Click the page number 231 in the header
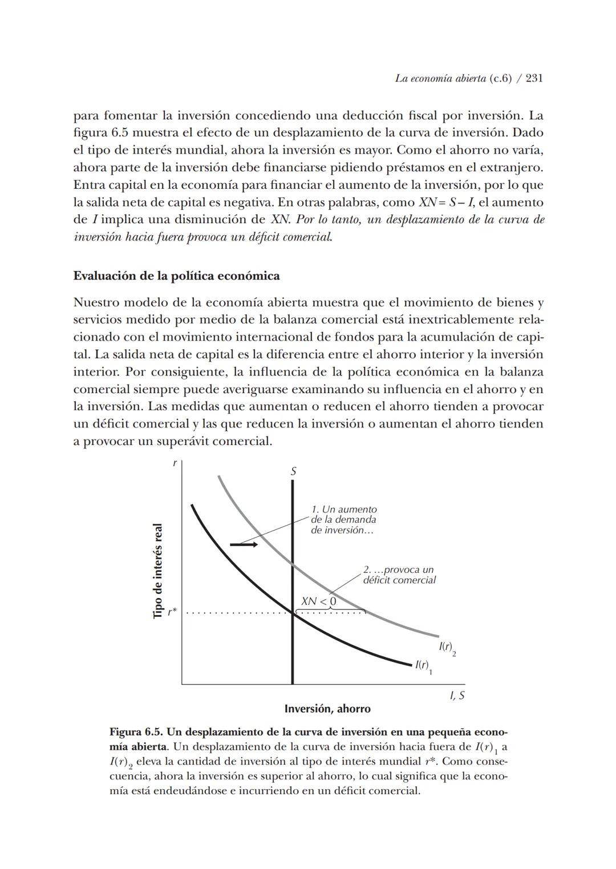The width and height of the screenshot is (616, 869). point(534,78)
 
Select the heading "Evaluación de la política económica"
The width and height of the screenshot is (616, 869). point(176,276)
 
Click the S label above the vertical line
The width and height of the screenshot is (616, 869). point(293,471)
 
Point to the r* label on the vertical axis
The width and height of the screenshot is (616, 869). point(172,612)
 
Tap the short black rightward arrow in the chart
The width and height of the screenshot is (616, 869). point(244,545)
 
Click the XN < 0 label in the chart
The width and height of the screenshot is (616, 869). point(318,601)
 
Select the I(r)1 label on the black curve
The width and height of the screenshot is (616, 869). point(423,666)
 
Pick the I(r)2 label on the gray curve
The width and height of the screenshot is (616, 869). point(447,648)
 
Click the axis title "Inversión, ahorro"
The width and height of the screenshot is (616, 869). point(327,709)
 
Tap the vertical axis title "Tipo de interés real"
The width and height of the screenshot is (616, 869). point(158,571)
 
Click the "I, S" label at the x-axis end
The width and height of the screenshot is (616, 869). point(457,696)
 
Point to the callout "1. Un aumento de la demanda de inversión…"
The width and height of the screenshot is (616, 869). point(343,520)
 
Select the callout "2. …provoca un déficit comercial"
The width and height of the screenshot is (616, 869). point(399,575)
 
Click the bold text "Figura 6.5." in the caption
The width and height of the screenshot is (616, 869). point(136,732)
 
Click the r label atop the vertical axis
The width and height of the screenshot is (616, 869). point(175,464)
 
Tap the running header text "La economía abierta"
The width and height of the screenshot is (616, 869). point(441,78)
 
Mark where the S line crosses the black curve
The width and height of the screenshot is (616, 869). point(293,613)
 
